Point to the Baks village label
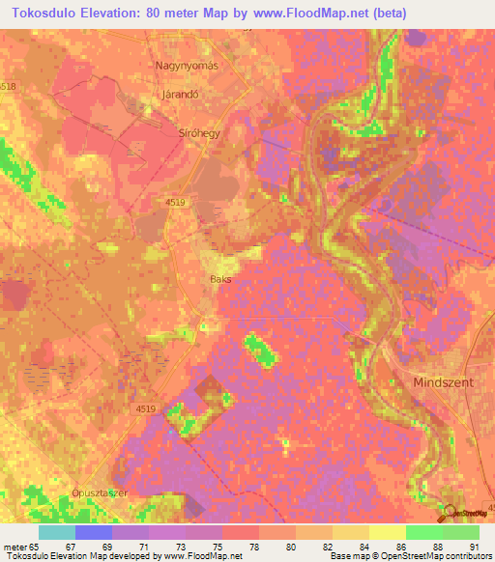220,280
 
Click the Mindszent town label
444,382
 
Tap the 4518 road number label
8,87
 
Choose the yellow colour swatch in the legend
388,532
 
